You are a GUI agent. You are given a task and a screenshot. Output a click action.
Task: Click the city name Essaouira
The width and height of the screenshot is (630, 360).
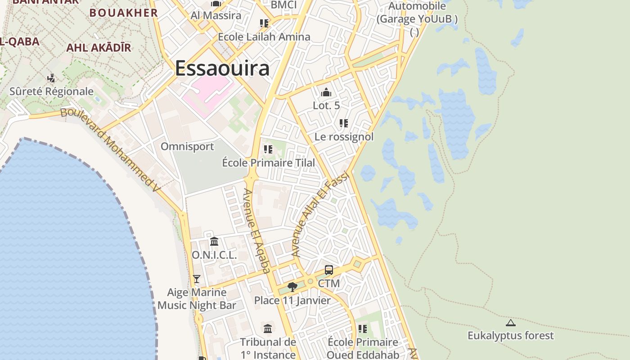click(222, 68)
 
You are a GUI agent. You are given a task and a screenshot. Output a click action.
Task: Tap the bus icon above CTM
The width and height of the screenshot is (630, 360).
click(329, 270)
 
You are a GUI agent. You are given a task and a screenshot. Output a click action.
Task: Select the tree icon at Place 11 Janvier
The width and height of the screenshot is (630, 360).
click(292, 287)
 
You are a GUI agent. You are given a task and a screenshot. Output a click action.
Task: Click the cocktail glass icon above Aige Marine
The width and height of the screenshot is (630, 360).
click(197, 279)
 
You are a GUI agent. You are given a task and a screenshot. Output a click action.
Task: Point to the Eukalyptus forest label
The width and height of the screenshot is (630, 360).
click(511, 336)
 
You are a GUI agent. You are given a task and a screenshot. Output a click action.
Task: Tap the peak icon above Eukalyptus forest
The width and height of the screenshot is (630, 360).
click(510, 323)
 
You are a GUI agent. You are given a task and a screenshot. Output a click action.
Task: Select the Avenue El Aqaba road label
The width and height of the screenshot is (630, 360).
click(257, 231)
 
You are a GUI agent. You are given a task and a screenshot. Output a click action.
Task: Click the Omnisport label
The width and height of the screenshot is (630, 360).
click(187, 147)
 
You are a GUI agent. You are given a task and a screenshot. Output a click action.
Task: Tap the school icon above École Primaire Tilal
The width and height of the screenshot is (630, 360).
click(268, 149)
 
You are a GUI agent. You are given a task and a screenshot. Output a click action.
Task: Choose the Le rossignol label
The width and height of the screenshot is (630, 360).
click(344, 137)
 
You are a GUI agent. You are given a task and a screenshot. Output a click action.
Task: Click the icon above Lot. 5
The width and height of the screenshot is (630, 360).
click(326, 93)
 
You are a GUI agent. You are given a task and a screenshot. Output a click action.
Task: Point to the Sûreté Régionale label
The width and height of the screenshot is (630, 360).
click(52, 92)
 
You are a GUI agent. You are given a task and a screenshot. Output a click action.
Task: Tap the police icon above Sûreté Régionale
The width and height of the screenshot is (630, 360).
click(51, 78)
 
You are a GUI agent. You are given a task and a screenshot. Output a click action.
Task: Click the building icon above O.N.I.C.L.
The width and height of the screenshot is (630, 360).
click(214, 242)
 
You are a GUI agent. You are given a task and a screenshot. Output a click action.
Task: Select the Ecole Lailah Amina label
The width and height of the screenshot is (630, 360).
click(264, 37)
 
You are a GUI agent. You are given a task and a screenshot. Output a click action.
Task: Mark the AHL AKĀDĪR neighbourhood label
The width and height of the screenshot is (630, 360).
click(99, 48)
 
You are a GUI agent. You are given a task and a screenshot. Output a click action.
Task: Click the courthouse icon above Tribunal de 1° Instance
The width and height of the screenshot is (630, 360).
click(268, 329)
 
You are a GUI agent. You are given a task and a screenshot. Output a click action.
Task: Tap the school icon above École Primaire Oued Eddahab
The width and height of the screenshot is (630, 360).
click(363, 329)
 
